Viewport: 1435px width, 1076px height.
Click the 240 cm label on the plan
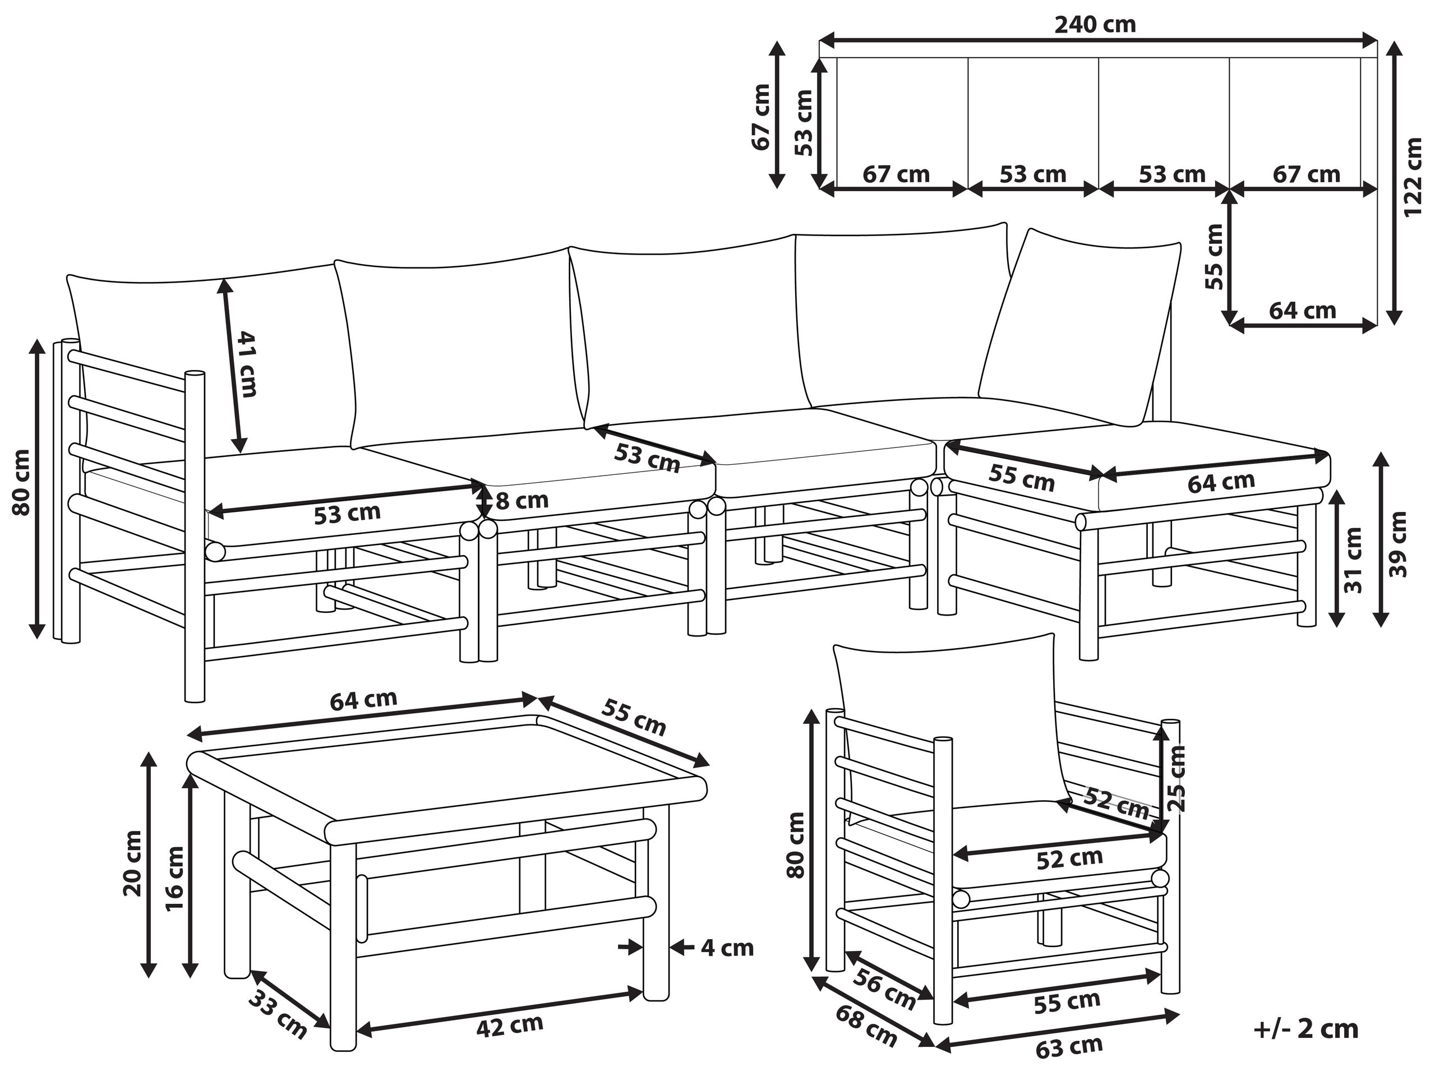pyautogui.click(x=1095, y=25)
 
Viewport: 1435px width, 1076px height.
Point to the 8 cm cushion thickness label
pyautogui.click(x=522, y=501)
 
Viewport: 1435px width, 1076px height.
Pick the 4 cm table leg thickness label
pyautogui.click(x=727, y=948)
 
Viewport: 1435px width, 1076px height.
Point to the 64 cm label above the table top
pyautogui.click(x=363, y=700)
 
